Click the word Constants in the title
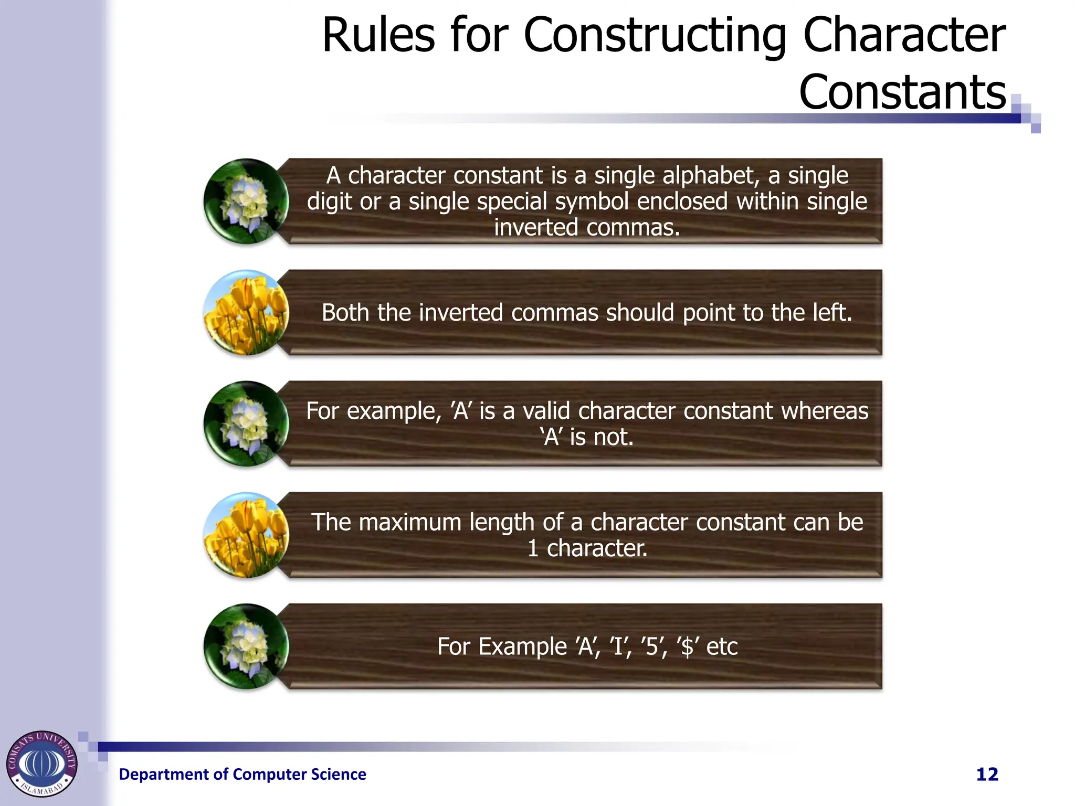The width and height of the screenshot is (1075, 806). coord(902,92)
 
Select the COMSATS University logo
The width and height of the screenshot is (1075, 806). coord(41,763)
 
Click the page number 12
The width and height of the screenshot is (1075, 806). coord(987,775)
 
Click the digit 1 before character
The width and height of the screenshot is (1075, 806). coord(533,548)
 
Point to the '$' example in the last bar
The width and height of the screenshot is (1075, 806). coord(687,646)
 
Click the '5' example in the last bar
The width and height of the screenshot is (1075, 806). coord(652,646)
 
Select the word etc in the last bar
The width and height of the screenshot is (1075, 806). coord(722,646)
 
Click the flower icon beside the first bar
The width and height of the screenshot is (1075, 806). coord(246,201)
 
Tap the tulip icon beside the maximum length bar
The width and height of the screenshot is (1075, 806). coord(246,535)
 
